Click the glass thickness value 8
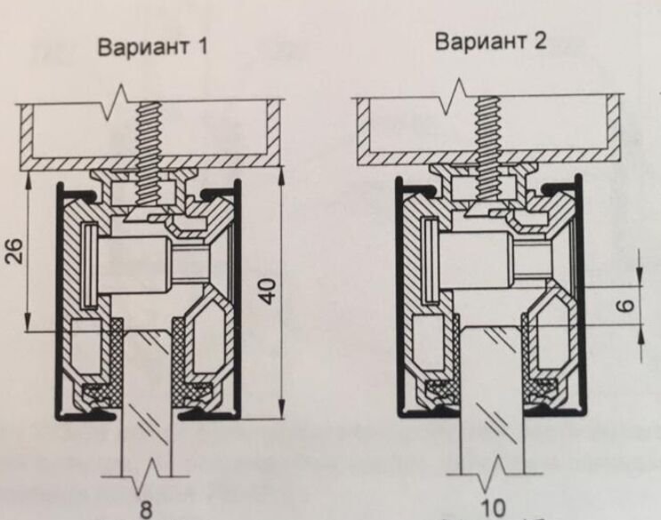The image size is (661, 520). point(145,510)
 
